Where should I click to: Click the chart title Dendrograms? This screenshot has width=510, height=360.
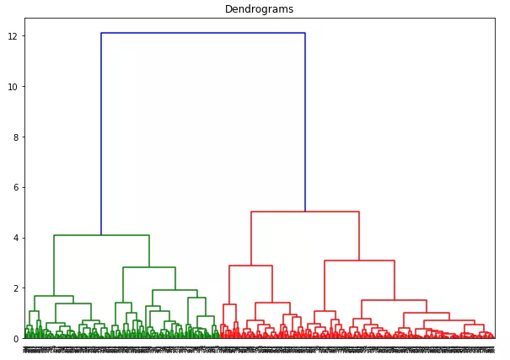point(259,9)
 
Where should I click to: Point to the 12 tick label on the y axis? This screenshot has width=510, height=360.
point(13,36)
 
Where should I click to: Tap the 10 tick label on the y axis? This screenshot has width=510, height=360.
point(13,87)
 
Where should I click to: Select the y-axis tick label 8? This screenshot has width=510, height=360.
point(15,137)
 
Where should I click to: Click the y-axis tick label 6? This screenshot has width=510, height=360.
point(15,187)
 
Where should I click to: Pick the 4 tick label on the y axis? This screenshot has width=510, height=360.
point(15,238)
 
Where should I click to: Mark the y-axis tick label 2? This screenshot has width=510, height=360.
point(15,288)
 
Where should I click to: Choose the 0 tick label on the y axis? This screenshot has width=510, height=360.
point(15,338)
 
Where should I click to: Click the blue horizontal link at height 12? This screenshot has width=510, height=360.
point(202,34)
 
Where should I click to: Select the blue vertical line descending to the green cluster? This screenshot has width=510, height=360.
point(101,135)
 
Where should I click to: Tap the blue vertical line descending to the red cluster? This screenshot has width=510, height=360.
point(305,122)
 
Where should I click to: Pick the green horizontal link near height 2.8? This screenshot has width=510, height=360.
point(149,267)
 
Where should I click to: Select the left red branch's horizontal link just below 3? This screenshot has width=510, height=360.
point(250,266)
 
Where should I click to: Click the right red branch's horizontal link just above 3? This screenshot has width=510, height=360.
point(359,261)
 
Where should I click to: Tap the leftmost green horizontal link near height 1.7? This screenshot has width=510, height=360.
point(54,296)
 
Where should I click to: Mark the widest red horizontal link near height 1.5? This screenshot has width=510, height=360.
point(394,300)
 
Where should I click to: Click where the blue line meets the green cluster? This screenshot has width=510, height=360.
point(101,235)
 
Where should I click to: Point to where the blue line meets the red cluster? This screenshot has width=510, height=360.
point(305,212)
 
